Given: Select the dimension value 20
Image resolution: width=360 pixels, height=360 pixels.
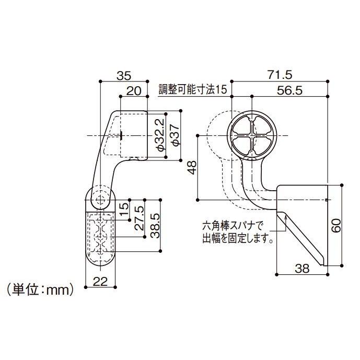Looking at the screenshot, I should (134, 90).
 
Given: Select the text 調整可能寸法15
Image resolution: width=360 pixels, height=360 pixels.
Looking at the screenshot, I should (194, 90).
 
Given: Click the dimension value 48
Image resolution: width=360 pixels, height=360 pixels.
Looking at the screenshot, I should (191, 167).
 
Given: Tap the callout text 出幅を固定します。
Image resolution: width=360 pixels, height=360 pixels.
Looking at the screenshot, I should (238, 240).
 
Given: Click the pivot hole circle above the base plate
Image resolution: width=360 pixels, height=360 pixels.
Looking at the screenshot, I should (100, 199).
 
